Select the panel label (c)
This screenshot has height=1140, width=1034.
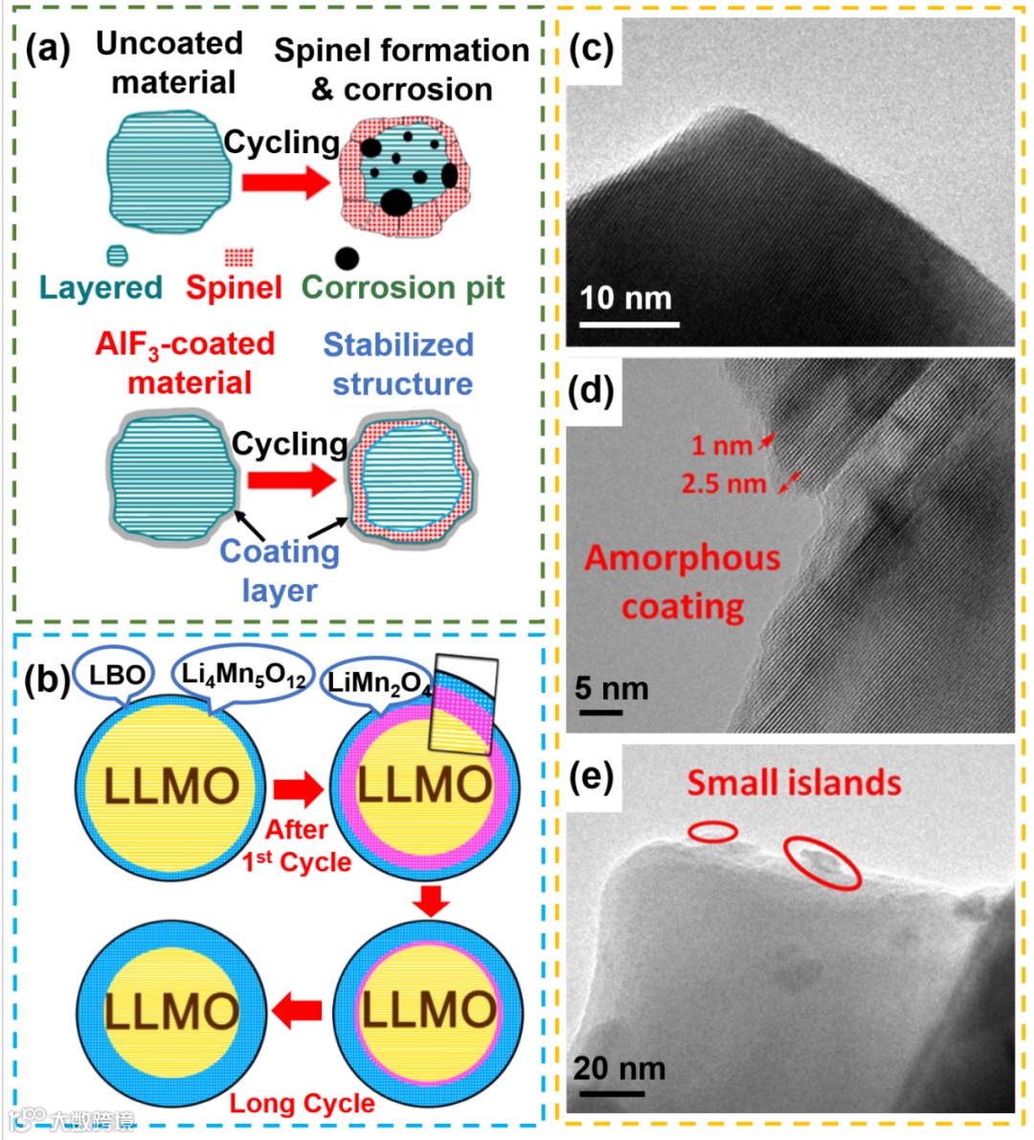point(591,48)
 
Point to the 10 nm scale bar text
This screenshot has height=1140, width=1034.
point(626,298)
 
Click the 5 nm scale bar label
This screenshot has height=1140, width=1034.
point(611,688)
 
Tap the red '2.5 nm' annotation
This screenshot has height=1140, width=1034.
point(724,483)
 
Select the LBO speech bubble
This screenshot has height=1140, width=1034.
point(116,675)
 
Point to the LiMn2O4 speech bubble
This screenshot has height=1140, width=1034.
point(377,682)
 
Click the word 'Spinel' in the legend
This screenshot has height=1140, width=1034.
point(234,287)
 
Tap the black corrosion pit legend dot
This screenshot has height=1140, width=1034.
point(347,257)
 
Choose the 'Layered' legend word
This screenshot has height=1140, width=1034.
point(101,287)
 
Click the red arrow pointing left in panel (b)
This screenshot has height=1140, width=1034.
point(297,1008)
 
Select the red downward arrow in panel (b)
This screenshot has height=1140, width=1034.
point(430,900)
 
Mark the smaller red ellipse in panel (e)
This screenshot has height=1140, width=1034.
point(713,833)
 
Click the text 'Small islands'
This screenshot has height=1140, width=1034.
point(794,783)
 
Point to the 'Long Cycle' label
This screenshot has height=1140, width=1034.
point(302,1103)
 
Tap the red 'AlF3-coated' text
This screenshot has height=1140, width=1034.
point(185,344)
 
